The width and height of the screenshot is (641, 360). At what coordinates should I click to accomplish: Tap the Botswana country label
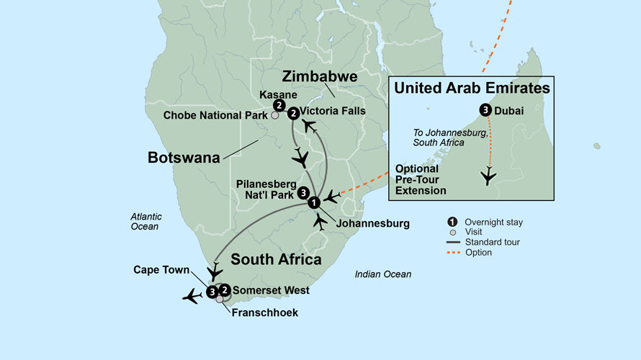184,156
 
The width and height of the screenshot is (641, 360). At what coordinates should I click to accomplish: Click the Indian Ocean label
383,274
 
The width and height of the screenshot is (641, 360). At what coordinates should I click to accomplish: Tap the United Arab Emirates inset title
471,89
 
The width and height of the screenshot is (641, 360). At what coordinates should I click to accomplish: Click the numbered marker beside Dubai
485,111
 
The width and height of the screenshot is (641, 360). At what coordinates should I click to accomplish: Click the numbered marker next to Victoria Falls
293,113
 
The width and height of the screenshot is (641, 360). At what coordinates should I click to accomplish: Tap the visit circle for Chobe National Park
274,115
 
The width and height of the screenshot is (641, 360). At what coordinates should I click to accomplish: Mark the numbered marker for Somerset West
225,291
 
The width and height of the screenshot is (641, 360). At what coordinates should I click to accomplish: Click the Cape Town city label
162,270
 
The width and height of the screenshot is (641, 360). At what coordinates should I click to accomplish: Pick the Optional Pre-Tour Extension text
421,179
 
